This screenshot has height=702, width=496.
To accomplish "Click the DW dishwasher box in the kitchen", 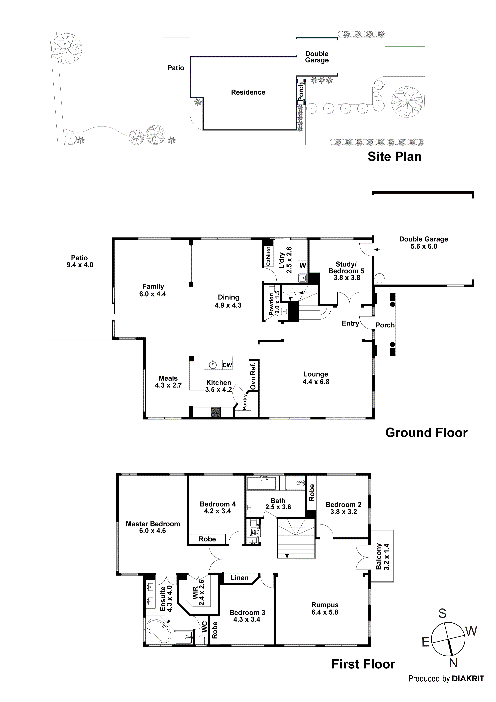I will tap(227, 365).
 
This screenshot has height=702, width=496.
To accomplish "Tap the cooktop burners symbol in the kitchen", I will tap(216, 412).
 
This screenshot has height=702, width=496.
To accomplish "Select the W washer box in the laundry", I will tap(303, 265).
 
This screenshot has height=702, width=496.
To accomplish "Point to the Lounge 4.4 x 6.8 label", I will tap(316, 378).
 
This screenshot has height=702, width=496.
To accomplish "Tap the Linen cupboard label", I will tap(239, 578).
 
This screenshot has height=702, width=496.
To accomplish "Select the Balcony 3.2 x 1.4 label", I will tap(382, 557).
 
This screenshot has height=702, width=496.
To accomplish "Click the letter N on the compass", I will tap(453, 663).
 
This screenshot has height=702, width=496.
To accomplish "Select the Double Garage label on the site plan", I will tap(317, 57).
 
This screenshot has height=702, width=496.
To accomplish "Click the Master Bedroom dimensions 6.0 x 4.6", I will tap(152, 531).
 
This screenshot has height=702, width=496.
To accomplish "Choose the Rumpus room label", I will tap(325, 605).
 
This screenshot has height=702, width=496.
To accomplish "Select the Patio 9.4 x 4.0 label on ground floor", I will tap(79, 261).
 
